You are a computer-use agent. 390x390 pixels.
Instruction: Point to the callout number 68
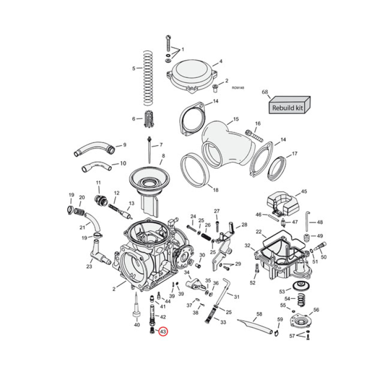coord(265,92)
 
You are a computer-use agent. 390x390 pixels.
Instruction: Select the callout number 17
coord(294,154)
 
